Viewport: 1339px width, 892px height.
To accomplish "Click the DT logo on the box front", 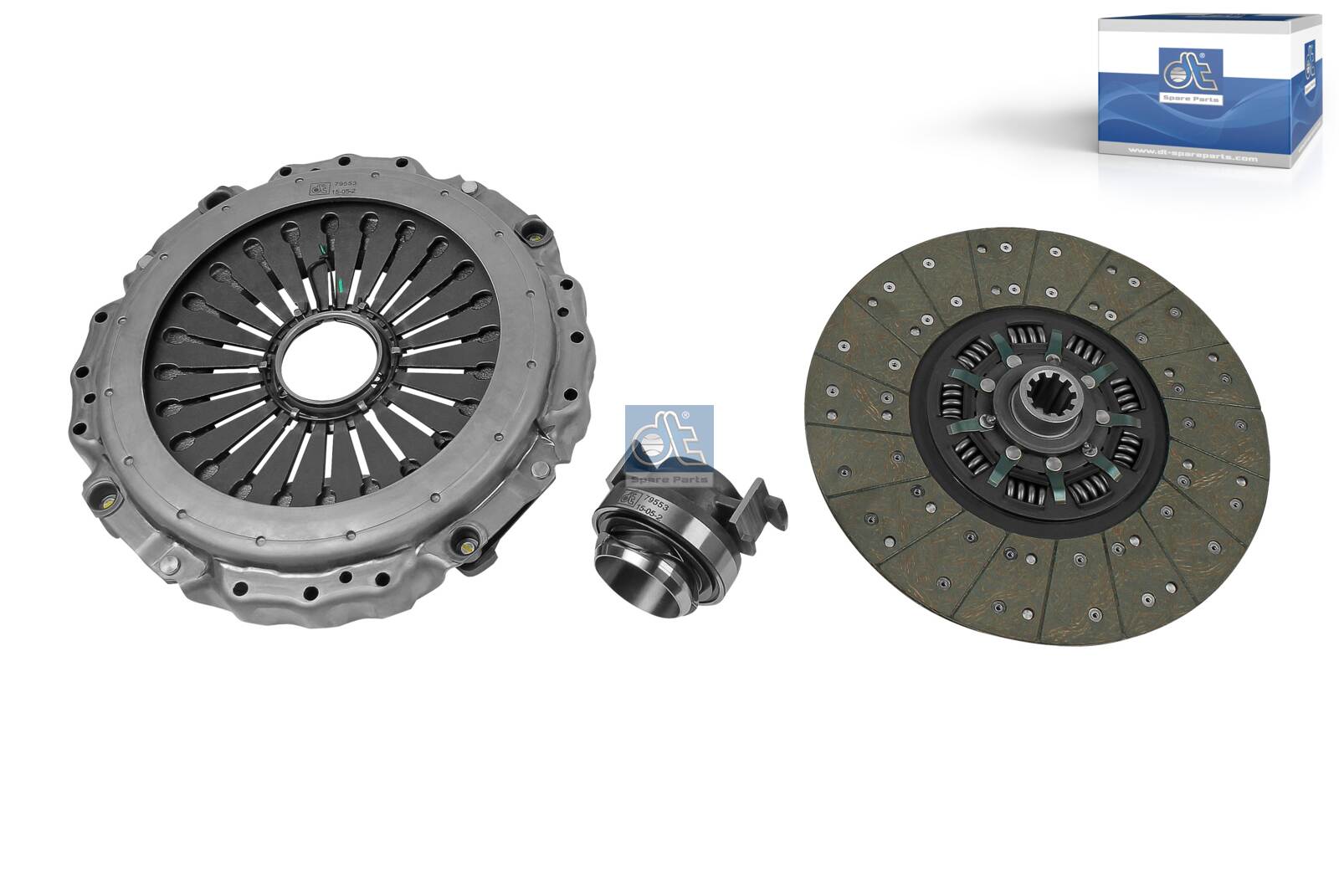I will click(1188, 72).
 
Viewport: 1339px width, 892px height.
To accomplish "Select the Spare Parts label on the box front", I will click(1189, 99).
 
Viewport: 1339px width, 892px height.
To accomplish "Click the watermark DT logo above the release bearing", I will click(668, 439).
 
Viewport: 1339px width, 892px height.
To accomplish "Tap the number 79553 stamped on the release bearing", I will click(649, 505).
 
